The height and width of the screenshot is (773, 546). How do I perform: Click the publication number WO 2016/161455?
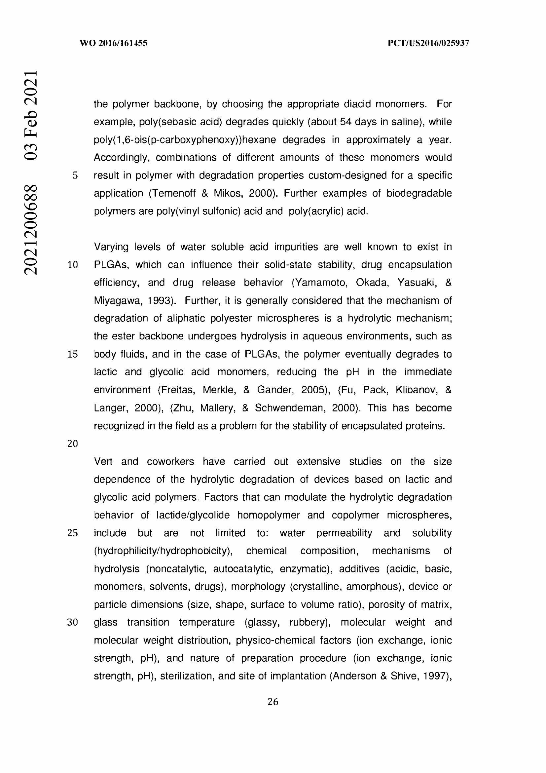113,43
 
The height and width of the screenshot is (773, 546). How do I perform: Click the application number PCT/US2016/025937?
428,43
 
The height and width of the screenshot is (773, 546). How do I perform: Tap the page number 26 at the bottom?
273,702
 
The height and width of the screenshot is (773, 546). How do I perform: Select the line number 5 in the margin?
75,175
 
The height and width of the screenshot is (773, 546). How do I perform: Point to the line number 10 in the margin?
73,265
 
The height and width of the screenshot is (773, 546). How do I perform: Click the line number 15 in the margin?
73,354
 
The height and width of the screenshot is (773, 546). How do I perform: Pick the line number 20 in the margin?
73,444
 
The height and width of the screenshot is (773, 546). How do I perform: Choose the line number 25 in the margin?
73,533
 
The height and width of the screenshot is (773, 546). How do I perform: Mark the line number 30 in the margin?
73,622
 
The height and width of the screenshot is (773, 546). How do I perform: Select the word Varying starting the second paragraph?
111,247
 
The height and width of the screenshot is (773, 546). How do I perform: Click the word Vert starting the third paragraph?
103,462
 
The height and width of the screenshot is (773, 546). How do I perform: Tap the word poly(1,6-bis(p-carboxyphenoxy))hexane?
185,140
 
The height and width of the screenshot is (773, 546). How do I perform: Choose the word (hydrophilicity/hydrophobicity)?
163,551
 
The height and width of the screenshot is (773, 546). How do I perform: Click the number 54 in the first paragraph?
346,122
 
